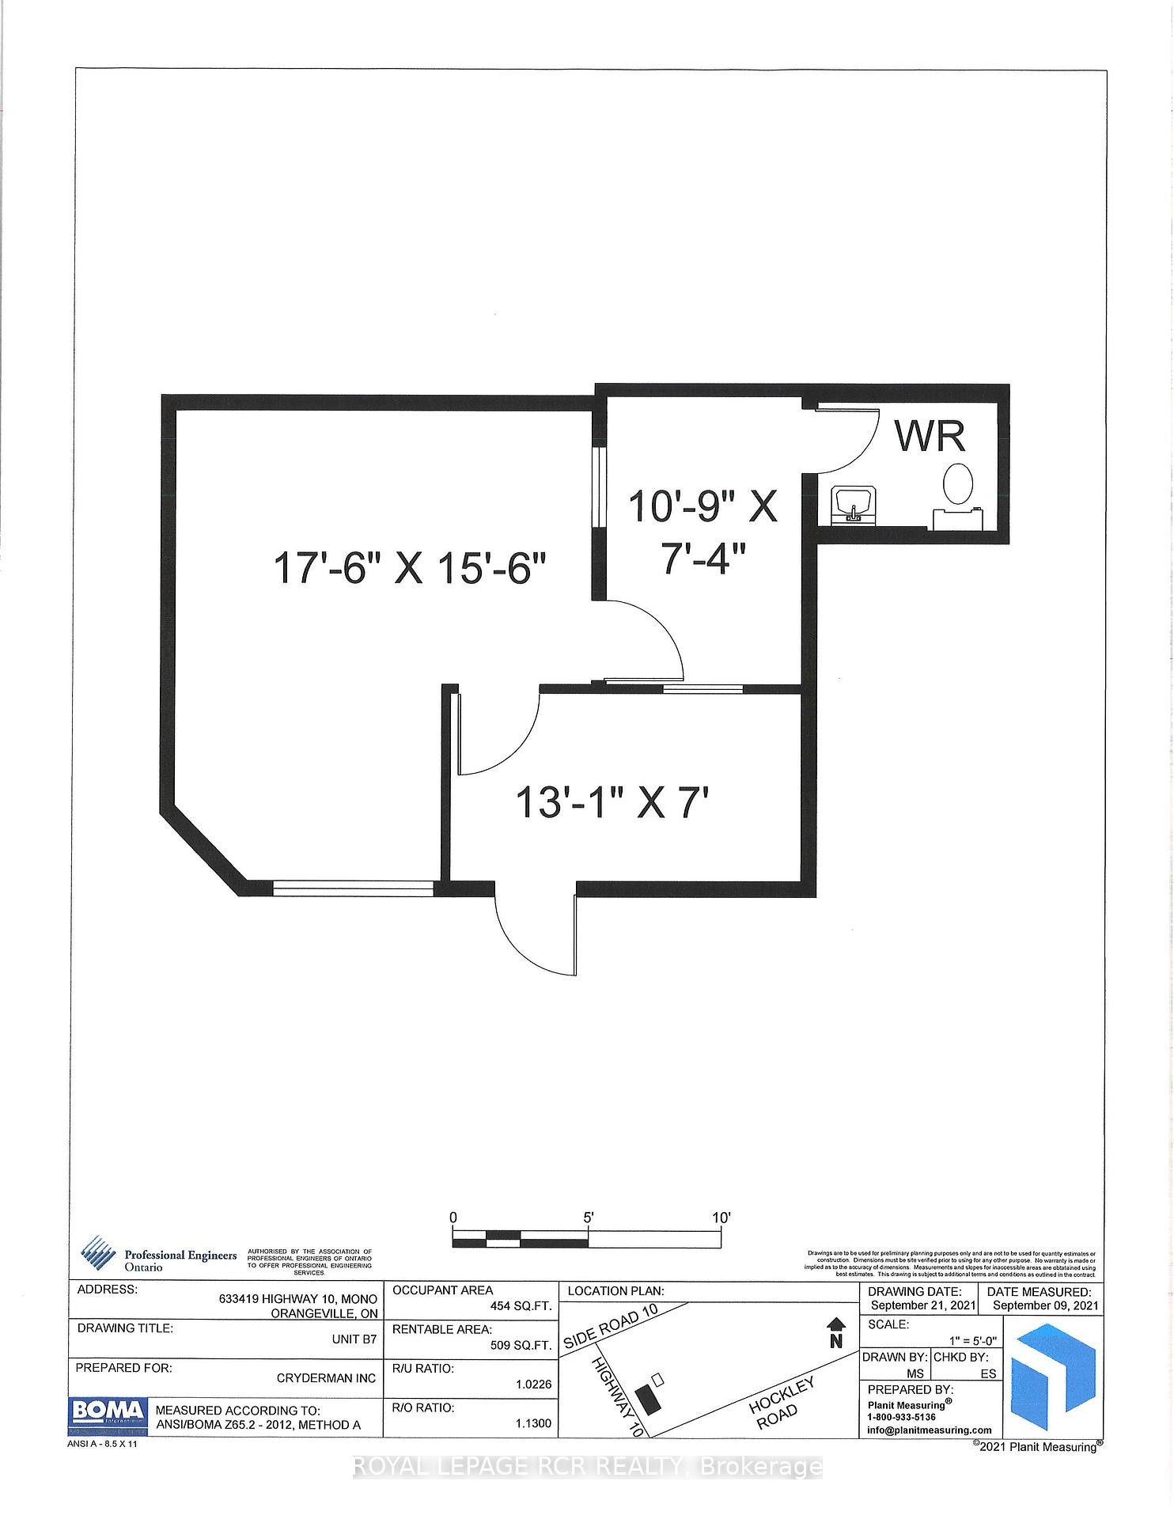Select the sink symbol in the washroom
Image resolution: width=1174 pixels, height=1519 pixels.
pos(852,505)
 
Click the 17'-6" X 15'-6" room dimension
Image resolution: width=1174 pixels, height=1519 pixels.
pos(410,568)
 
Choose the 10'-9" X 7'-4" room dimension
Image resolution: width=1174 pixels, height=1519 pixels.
pos(703,532)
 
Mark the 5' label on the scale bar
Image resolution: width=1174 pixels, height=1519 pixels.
pos(589,1218)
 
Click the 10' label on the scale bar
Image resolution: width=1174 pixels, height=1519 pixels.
pos(721,1218)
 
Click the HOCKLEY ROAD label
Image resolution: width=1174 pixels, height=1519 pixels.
pos(782,1402)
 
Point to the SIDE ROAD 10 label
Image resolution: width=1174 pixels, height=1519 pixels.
pos(611,1328)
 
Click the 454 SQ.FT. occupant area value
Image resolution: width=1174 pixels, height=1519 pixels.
pos(521,1306)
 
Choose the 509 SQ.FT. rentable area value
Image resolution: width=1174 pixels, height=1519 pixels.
pos(521,1345)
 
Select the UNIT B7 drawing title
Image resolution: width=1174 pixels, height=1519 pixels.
pos(354,1345)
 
